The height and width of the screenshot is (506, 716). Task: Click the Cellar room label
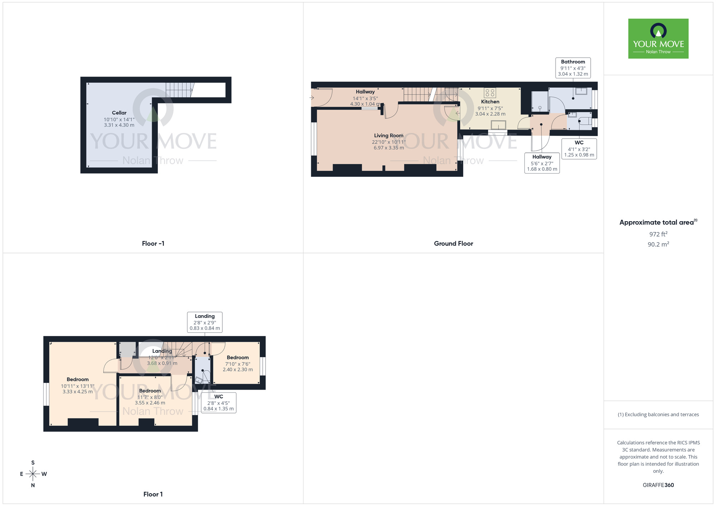pyautogui.click(x=119, y=113)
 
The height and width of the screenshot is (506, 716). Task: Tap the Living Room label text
pyautogui.click(x=388, y=136)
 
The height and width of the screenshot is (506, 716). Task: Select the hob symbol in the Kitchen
pyautogui.click(x=490, y=93)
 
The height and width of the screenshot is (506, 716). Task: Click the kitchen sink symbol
pyautogui.click(x=498, y=125)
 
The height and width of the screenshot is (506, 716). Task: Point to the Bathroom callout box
pyautogui.click(x=573, y=68)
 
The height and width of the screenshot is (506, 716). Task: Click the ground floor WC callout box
pyautogui.click(x=579, y=149)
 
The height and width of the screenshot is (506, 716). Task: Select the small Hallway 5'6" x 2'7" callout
pyautogui.click(x=542, y=163)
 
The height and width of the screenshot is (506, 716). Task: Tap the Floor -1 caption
pyautogui.click(x=153, y=243)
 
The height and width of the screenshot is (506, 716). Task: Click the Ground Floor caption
pyautogui.click(x=453, y=243)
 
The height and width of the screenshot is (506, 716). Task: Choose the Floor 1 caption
pyautogui.click(x=153, y=494)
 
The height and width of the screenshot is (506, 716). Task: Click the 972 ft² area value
pyautogui.click(x=658, y=234)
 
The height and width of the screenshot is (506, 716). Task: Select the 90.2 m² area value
pyautogui.click(x=658, y=244)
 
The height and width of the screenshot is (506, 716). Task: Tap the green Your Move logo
pyautogui.click(x=658, y=39)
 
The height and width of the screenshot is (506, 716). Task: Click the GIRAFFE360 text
pyautogui.click(x=658, y=485)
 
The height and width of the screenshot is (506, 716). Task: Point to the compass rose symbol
pyautogui.click(x=33, y=474)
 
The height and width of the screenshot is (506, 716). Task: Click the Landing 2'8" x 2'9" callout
pyautogui.click(x=205, y=322)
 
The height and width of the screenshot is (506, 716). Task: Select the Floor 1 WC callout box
pyautogui.click(x=218, y=403)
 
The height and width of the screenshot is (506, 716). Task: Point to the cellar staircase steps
pyautogui.click(x=179, y=90)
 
